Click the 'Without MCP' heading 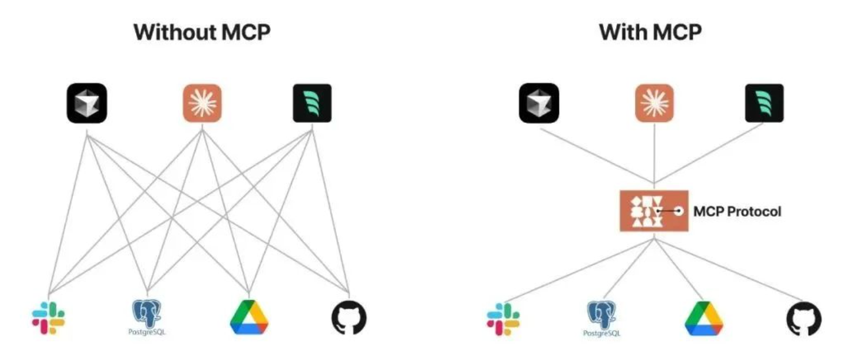202,32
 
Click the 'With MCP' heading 650,32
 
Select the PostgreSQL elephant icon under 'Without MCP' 148,317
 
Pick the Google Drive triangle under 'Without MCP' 249,317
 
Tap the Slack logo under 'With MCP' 503,319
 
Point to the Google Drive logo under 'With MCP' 703,318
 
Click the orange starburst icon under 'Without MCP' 202,103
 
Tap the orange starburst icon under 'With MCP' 655,103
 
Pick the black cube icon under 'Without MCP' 87,103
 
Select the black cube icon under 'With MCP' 539,103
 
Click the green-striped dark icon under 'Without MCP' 312,103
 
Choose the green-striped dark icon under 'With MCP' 764,103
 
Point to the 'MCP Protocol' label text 737,212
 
